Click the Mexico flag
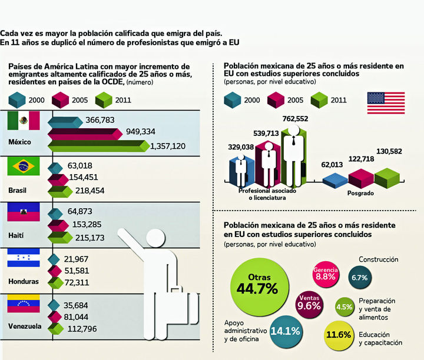click(x=24, y=121)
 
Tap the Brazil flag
click(x=24, y=166)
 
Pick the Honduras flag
click(x=24, y=259)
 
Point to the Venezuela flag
click(x=24, y=304)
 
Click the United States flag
click(x=386, y=103)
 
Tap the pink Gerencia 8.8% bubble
click(x=325, y=272)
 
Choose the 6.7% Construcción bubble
click(x=359, y=276)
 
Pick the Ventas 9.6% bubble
click(x=309, y=302)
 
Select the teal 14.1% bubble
click(x=284, y=330)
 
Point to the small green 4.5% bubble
click(x=344, y=306)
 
